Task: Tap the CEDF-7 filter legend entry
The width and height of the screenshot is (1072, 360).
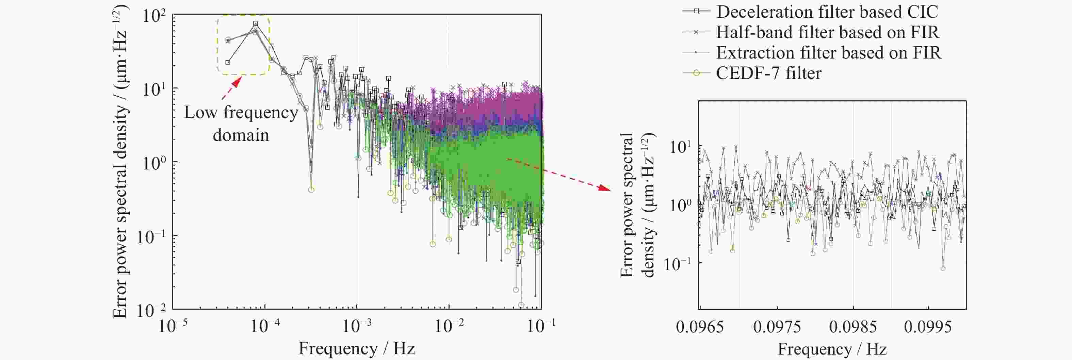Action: tap(768, 73)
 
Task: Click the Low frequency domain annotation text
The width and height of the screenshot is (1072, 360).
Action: tap(241, 124)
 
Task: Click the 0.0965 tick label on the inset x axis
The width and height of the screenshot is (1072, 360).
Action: tap(700, 327)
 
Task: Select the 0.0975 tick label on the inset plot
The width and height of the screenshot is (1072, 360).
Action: tap(777, 327)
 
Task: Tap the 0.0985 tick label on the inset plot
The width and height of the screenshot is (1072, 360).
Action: tap(853, 327)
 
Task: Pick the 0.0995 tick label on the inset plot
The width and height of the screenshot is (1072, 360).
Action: tap(928, 327)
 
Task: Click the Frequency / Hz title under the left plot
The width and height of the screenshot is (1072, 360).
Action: tap(357, 348)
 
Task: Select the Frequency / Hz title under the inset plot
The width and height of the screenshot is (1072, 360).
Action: tap(832, 349)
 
